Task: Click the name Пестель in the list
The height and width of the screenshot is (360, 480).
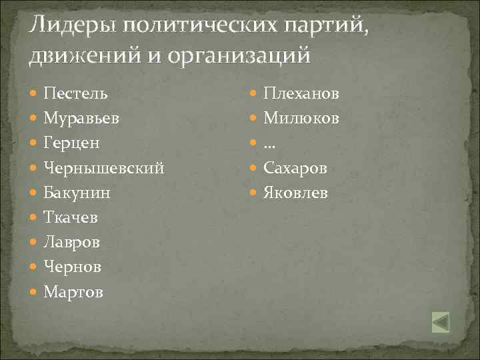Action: click(x=75, y=93)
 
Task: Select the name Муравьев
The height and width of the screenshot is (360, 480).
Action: click(x=81, y=118)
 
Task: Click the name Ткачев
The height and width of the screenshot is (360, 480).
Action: click(x=71, y=217)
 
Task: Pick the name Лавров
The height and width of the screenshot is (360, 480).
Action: click(x=72, y=242)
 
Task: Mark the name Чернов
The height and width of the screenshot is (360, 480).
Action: click(x=73, y=267)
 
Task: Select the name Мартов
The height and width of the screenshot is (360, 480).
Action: click(x=73, y=291)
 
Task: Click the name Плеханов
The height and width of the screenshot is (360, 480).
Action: click(x=301, y=93)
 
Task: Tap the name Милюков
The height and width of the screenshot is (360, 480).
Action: click(x=301, y=118)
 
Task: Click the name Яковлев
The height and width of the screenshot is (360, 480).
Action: click(x=296, y=193)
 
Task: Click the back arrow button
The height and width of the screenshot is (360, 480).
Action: click(x=441, y=322)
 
